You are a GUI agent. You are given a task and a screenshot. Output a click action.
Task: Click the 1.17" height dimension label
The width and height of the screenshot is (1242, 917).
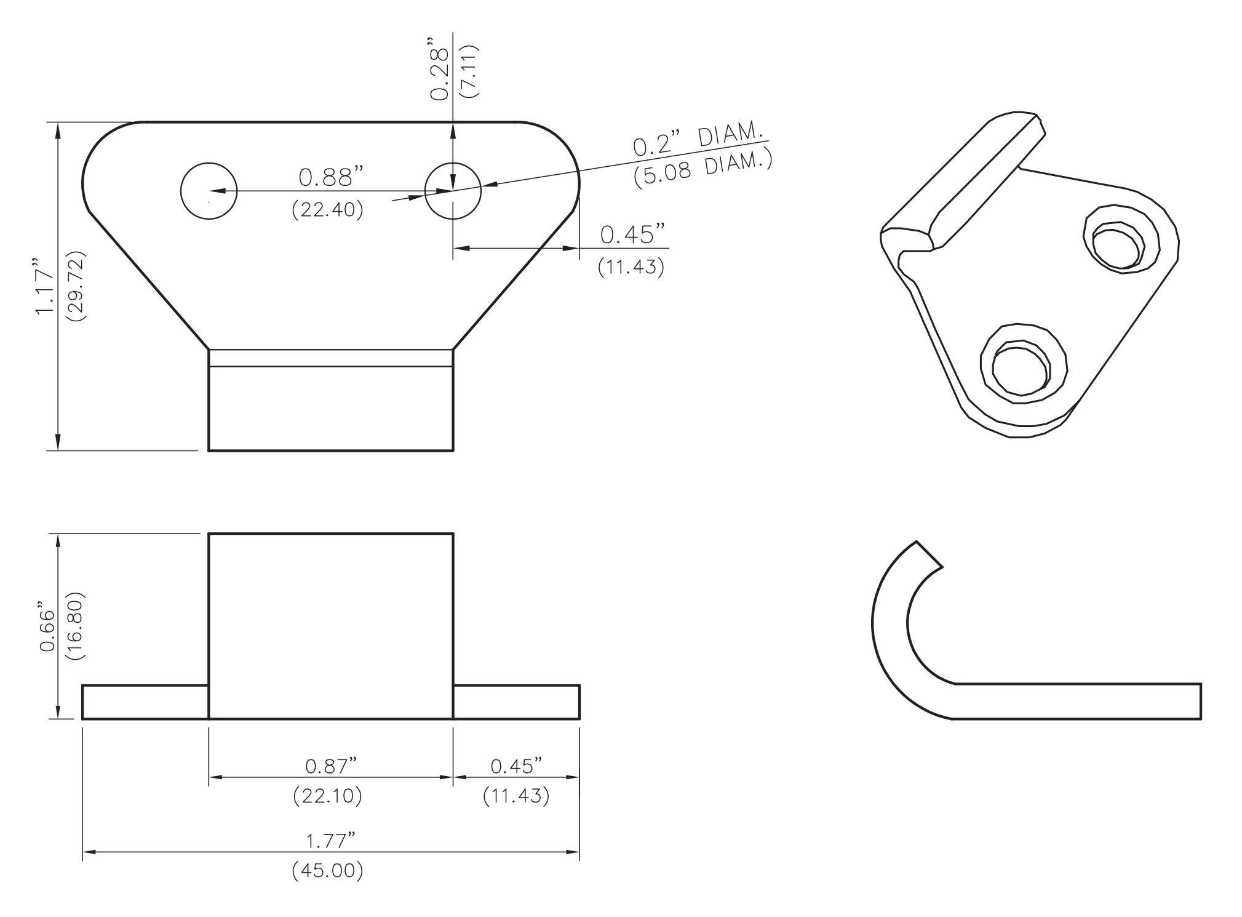[x=46, y=290]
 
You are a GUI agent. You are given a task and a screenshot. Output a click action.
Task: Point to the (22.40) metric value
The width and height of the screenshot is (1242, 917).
[x=327, y=210]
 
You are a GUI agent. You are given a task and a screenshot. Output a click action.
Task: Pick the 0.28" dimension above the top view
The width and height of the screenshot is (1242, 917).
[x=439, y=73]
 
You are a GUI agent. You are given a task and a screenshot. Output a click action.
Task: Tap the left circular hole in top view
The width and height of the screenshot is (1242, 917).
[x=209, y=191]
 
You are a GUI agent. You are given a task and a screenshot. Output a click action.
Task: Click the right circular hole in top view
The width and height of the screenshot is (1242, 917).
[x=453, y=191]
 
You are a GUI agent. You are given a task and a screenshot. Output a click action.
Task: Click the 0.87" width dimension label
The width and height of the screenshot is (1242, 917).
[x=331, y=767]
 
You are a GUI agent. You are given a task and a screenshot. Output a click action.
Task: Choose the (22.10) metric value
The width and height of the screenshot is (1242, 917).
[x=327, y=796]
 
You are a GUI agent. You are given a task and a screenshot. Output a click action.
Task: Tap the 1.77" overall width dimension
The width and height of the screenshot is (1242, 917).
[x=331, y=841]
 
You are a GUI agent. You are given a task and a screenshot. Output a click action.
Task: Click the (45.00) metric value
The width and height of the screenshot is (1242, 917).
[x=327, y=871]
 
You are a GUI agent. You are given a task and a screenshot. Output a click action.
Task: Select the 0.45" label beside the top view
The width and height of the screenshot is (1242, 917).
[x=632, y=234]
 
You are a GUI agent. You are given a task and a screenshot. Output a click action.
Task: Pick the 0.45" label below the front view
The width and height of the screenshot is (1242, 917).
[x=516, y=767]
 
